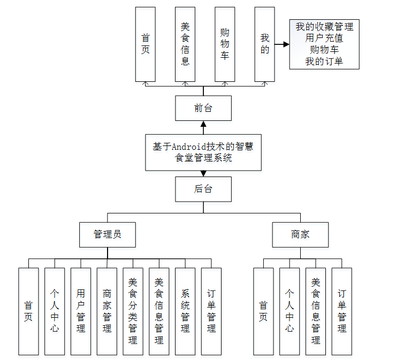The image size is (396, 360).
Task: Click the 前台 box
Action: [x=203, y=108]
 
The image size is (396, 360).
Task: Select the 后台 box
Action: [x=203, y=189]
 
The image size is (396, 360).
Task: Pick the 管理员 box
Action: [x=107, y=234]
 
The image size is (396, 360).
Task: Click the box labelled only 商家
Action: [x=300, y=234]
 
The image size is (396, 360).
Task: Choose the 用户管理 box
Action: [x=81, y=311]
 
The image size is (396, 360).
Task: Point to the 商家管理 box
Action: [x=107, y=311]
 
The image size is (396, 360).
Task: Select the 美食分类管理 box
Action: [x=133, y=311]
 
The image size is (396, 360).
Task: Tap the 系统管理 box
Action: [x=185, y=311]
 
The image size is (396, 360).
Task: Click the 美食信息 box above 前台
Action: [x=185, y=44]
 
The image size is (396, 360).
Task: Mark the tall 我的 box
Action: [x=264, y=44]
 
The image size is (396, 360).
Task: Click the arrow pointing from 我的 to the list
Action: [x=281, y=45]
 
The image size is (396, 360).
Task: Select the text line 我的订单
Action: [x=324, y=62]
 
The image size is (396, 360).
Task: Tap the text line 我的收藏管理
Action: [x=324, y=26]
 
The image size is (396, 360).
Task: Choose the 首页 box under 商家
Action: [x=263, y=311]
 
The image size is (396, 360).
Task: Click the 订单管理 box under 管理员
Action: [x=211, y=311]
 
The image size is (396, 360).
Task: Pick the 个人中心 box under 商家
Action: [x=290, y=311]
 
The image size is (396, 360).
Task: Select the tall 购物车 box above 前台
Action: [x=225, y=44]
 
